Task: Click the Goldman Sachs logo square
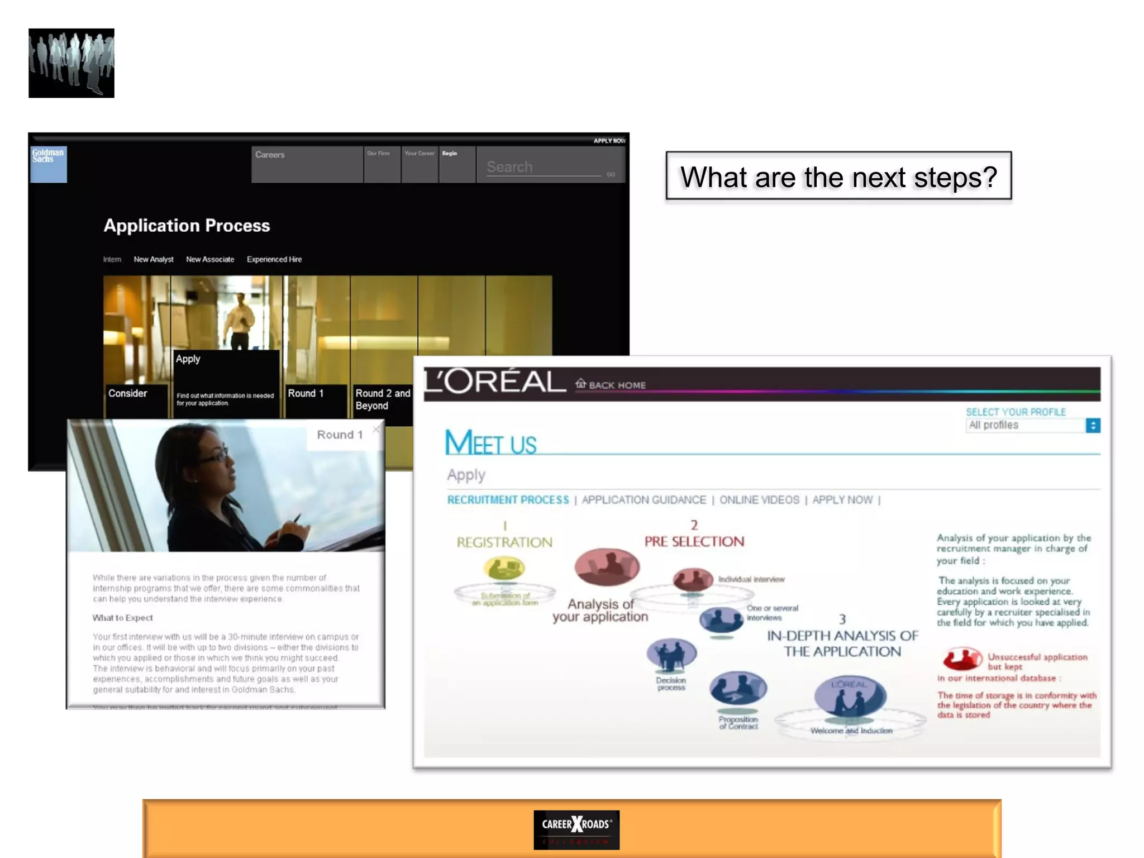click(x=49, y=164)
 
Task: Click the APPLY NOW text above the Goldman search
click(x=609, y=141)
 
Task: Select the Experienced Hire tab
click(x=274, y=259)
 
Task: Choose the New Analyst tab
click(x=154, y=259)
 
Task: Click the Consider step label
click(x=128, y=393)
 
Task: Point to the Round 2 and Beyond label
click(x=383, y=399)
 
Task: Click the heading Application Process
click(x=187, y=226)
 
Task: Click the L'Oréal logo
click(x=495, y=383)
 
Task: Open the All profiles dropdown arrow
click(x=1093, y=426)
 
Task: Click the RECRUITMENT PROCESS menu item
click(x=508, y=500)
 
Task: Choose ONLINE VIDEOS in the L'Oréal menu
click(x=759, y=500)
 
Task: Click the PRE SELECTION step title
click(x=694, y=541)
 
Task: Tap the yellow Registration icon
click(x=504, y=569)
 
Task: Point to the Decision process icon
click(x=671, y=654)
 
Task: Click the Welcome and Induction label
click(x=851, y=731)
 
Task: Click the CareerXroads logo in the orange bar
click(x=576, y=830)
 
